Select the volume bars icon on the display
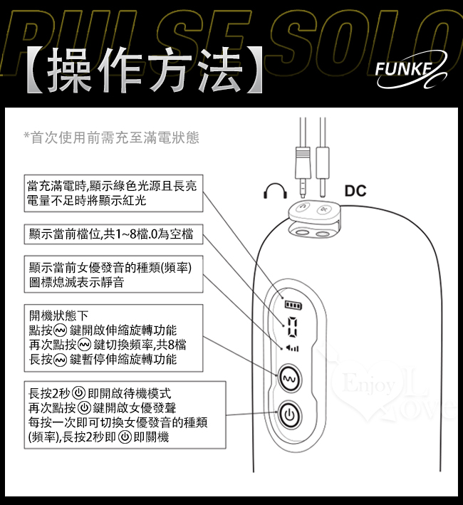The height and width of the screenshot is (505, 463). click(292, 348)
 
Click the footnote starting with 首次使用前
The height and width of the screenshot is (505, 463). click(111, 137)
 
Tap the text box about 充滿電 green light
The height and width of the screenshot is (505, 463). click(112, 193)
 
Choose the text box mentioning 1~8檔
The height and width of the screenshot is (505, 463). click(112, 234)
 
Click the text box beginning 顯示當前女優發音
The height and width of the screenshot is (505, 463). click(112, 275)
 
